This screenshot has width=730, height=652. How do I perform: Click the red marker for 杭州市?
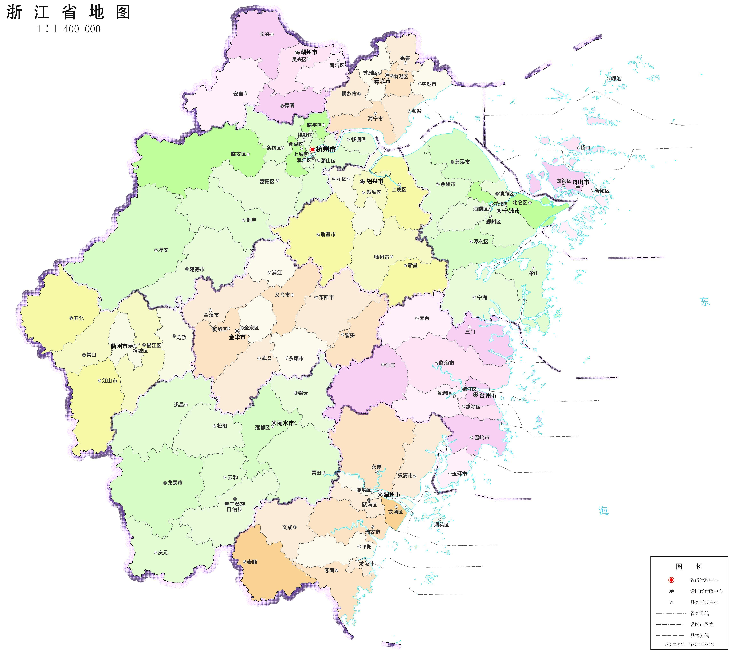[312, 149]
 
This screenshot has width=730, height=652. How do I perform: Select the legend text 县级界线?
[699, 636]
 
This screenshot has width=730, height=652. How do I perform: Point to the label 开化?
[79, 318]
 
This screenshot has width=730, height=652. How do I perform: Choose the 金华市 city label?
[237, 337]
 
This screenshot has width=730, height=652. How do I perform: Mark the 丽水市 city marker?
[274, 423]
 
